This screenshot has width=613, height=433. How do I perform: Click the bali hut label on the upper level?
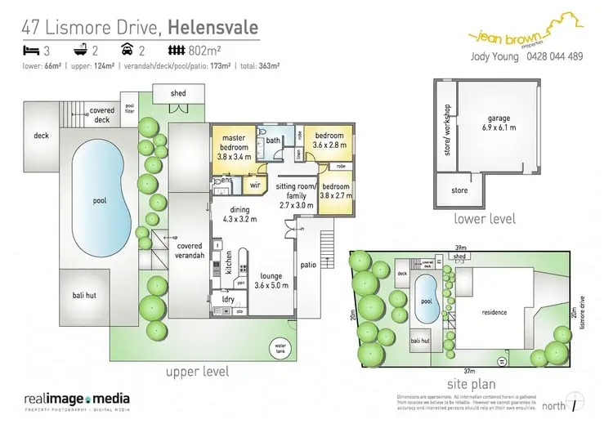84,295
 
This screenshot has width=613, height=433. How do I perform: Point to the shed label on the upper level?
178,92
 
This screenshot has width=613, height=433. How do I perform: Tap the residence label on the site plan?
494,312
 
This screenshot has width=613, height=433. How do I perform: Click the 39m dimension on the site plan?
460,248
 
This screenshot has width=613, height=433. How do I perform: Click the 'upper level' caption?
198,372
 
